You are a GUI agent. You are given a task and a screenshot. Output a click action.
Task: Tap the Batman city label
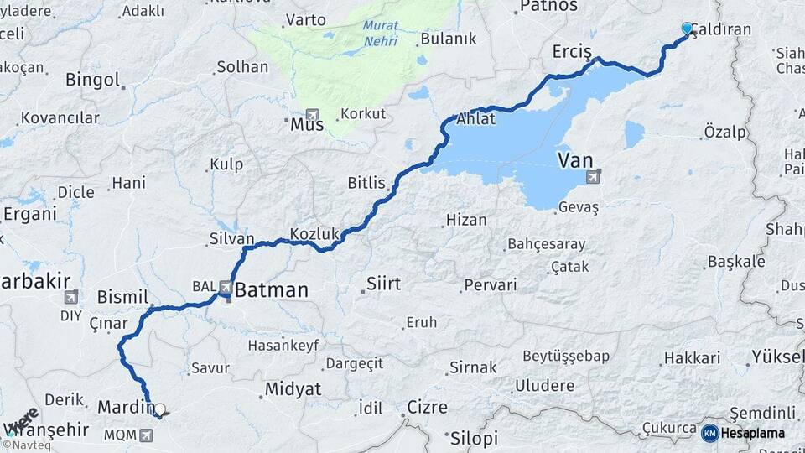click(271, 291)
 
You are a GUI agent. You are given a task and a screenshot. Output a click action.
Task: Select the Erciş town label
click(572, 52)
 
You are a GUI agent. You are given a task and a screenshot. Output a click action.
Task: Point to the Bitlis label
click(366, 183)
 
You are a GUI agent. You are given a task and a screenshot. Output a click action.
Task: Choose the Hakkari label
click(692, 358)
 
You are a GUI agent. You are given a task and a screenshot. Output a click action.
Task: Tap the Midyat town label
click(293, 389)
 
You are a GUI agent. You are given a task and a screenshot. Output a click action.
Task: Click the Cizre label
click(427, 408)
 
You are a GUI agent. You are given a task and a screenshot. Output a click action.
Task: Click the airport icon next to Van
click(595, 176)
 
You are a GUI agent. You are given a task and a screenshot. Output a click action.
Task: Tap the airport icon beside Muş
click(313, 114)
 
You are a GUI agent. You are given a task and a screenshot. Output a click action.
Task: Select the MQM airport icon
click(148, 435)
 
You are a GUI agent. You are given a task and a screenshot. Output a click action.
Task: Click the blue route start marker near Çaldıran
click(688, 29)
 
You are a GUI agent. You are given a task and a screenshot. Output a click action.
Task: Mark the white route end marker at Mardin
click(159, 409)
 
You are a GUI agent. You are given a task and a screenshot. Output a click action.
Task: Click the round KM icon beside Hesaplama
click(709, 433)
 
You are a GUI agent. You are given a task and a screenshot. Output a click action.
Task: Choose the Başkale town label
click(736, 262)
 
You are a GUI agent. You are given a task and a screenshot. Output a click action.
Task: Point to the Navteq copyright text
click(25, 445)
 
